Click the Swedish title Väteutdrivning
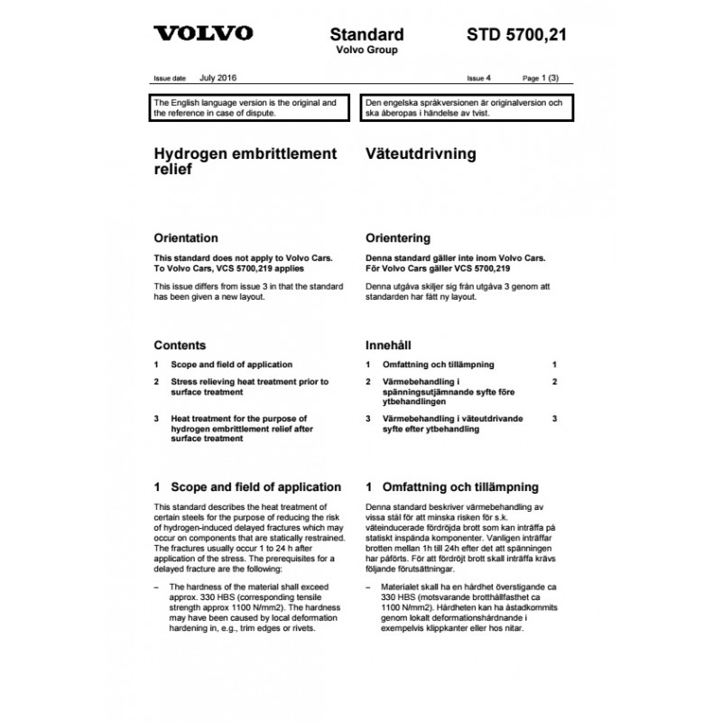point(420,154)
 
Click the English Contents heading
point(180,345)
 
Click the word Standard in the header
point(367,35)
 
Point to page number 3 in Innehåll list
point(555,419)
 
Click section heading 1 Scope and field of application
point(247,486)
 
